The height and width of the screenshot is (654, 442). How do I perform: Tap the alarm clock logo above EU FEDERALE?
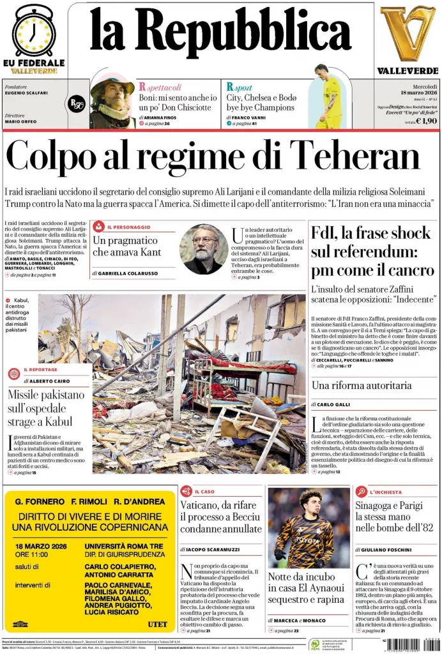click(33, 30)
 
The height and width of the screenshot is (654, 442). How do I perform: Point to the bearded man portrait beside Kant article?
click(203, 248)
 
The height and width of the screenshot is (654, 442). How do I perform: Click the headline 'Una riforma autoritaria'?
click(362, 385)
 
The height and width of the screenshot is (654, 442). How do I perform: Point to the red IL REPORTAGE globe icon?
click(14, 374)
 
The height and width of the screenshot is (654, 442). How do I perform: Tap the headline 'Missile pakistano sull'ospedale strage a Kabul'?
click(46, 408)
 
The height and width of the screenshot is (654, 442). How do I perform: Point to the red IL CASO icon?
click(186, 491)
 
